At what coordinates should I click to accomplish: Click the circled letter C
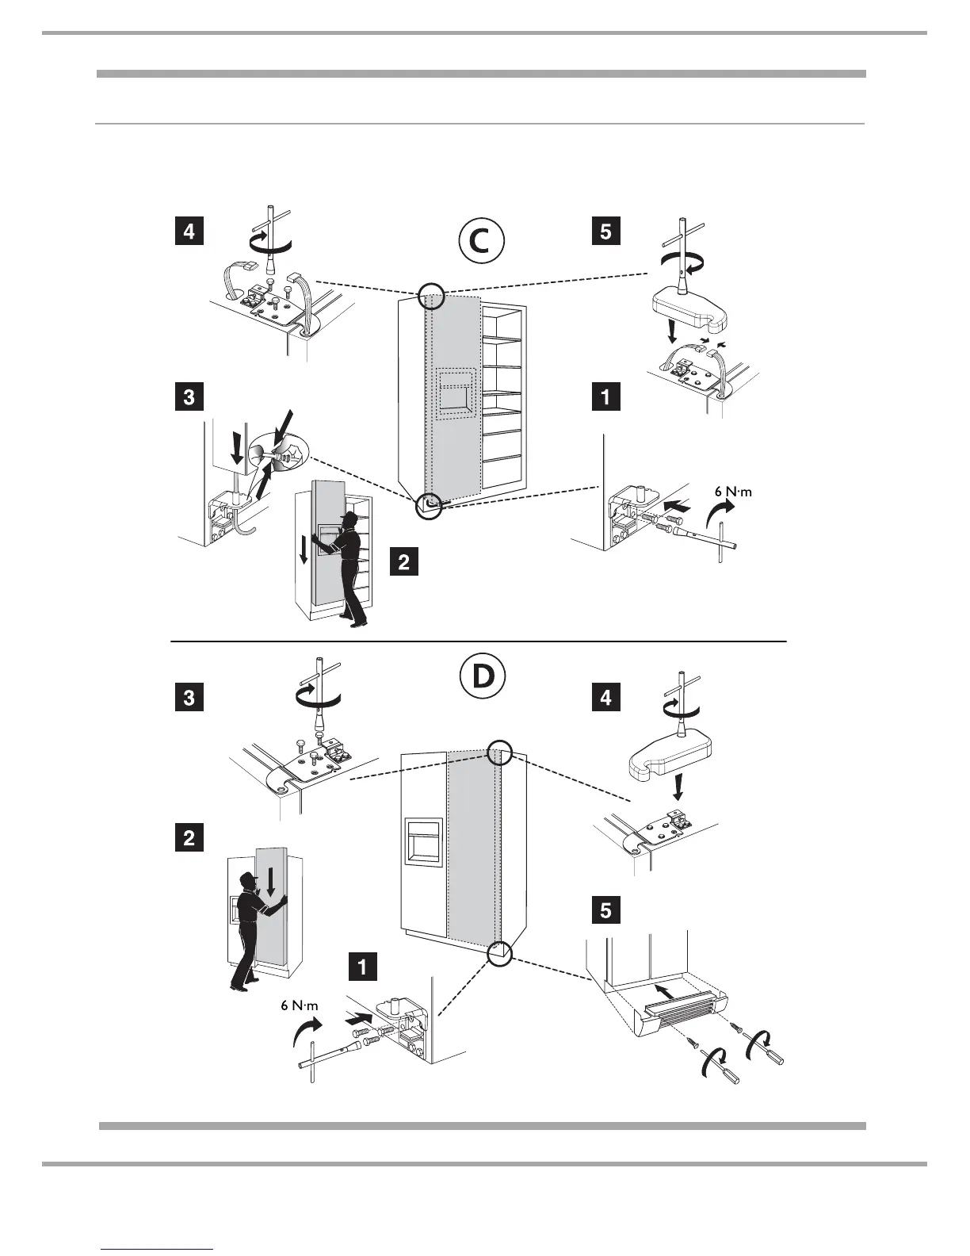(479, 242)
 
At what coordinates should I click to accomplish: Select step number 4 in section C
(189, 232)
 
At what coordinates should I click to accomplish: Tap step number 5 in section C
(606, 232)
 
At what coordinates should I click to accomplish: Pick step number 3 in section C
(189, 396)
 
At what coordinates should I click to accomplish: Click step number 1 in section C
(606, 396)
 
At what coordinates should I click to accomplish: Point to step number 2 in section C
(403, 562)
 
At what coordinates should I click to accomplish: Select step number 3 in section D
(189, 698)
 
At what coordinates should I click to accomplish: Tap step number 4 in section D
(606, 698)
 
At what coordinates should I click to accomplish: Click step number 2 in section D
(189, 837)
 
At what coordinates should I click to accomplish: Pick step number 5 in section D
(606, 911)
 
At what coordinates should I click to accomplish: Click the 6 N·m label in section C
(727, 492)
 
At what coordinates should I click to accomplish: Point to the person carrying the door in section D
(254, 928)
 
